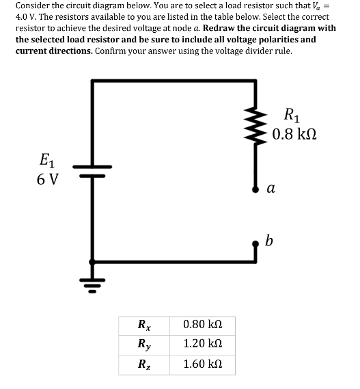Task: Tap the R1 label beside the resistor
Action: click(x=290, y=115)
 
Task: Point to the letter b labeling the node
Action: click(x=269, y=240)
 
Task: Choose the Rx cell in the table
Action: click(x=145, y=323)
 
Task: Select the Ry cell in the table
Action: click(x=145, y=344)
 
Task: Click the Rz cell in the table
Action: click(x=145, y=364)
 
